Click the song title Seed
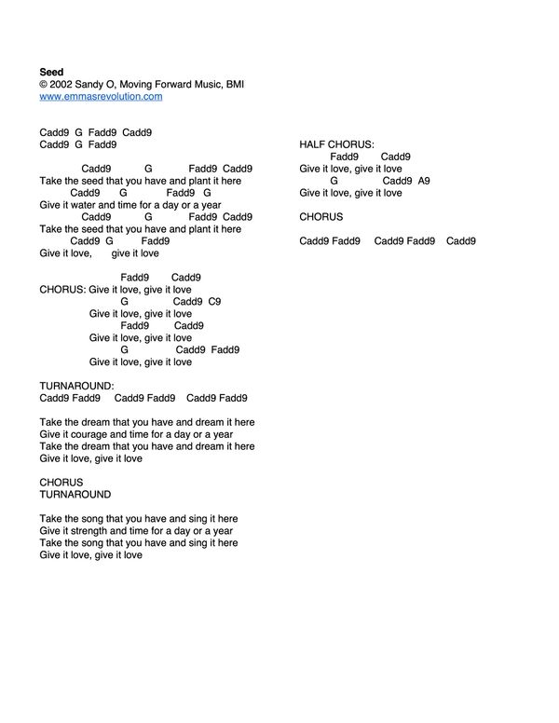pos(51,72)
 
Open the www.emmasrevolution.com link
pos(101,96)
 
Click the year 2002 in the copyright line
pos(63,84)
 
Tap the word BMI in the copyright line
pos(234,84)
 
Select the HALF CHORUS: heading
pos(337,144)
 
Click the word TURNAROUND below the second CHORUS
pos(75,495)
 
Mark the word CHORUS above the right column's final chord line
pos(321,217)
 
